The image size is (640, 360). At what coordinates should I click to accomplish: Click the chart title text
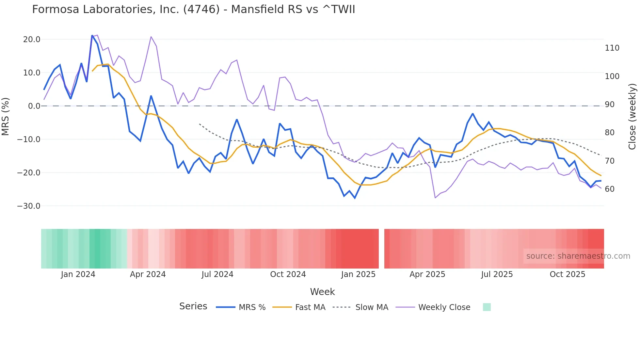point(193,9)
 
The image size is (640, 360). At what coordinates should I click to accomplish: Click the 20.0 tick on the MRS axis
point(32,40)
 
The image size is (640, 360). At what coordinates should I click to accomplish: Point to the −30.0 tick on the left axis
point(29,206)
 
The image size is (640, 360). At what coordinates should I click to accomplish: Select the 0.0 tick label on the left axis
point(34,106)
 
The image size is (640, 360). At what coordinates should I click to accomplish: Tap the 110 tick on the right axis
point(612,48)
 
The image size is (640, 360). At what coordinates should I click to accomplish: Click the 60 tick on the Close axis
point(610,189)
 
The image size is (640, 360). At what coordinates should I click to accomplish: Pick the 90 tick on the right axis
point(610,105)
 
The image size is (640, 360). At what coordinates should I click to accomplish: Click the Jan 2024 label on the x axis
point(78,274)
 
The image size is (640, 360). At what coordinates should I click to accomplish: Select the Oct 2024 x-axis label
point(288,274)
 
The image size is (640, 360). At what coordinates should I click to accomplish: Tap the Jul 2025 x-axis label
point(497,274)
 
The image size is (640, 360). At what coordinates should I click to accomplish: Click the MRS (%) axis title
point(6,117)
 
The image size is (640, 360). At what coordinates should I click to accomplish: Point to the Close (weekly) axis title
point(632,117)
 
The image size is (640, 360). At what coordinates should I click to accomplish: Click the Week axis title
point(322,292)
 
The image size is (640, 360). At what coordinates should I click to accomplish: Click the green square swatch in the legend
point(487,307)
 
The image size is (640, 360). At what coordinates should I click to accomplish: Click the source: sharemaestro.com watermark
point(578,256)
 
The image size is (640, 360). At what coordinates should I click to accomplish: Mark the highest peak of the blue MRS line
point(92,35)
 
